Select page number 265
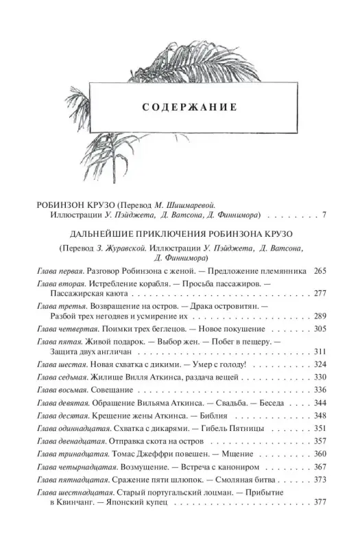tap(318, 273)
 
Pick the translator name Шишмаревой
tap(190, 205)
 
